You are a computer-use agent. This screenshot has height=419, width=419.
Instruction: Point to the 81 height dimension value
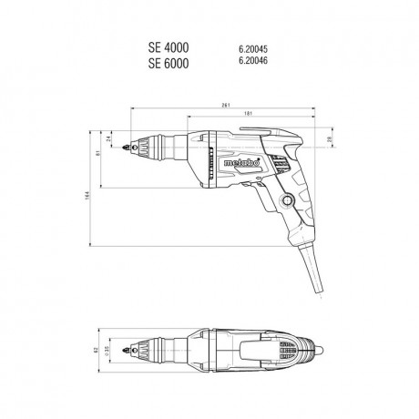(107, 156)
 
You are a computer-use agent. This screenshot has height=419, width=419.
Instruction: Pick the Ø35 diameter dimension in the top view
(107, 349)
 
